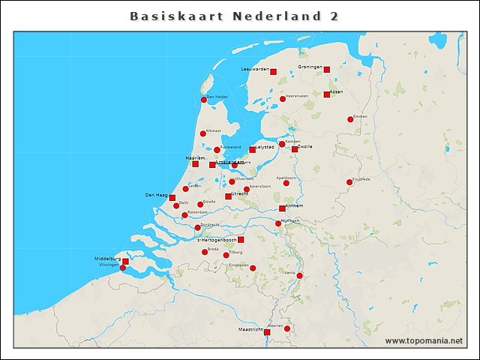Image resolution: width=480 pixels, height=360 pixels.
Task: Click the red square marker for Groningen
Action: click(x=327, y=70)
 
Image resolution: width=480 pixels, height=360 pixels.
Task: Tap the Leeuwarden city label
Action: click(x=255, y=69)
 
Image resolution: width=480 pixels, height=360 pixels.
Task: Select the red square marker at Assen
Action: click(x=327, y=94)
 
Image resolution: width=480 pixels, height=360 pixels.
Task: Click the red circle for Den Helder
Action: click(x=204, y=100)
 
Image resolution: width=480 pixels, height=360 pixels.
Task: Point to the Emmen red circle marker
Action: click(x=350, y=119)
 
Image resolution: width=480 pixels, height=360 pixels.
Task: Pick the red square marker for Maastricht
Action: click(x=267, y=331)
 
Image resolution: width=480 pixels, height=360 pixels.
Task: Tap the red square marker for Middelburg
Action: click(x=125, y=262)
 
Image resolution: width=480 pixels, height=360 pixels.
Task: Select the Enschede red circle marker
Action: click(x=349, y=182)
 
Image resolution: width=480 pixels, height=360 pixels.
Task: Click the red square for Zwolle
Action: click(x=295, y=149)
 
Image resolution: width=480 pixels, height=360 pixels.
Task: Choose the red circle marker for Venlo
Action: click(x=299, y=276)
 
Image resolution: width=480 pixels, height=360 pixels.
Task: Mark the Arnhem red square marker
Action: click(x=282, y=208)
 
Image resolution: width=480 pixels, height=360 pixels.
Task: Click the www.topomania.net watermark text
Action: click(x=424, y=341)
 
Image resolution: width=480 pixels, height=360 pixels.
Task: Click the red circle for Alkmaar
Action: click(x=202, y=134)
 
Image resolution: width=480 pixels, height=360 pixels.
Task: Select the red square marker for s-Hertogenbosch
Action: click(x=241, y=240)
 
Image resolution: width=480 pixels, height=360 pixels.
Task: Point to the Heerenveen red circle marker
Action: click(x=283, y=99)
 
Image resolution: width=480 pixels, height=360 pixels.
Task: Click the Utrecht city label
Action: click(x=240, y=193)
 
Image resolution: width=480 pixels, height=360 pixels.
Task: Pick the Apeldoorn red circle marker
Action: click(x=286, y=183)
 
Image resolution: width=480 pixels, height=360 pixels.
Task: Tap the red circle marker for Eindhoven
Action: click(x=253, y=268)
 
